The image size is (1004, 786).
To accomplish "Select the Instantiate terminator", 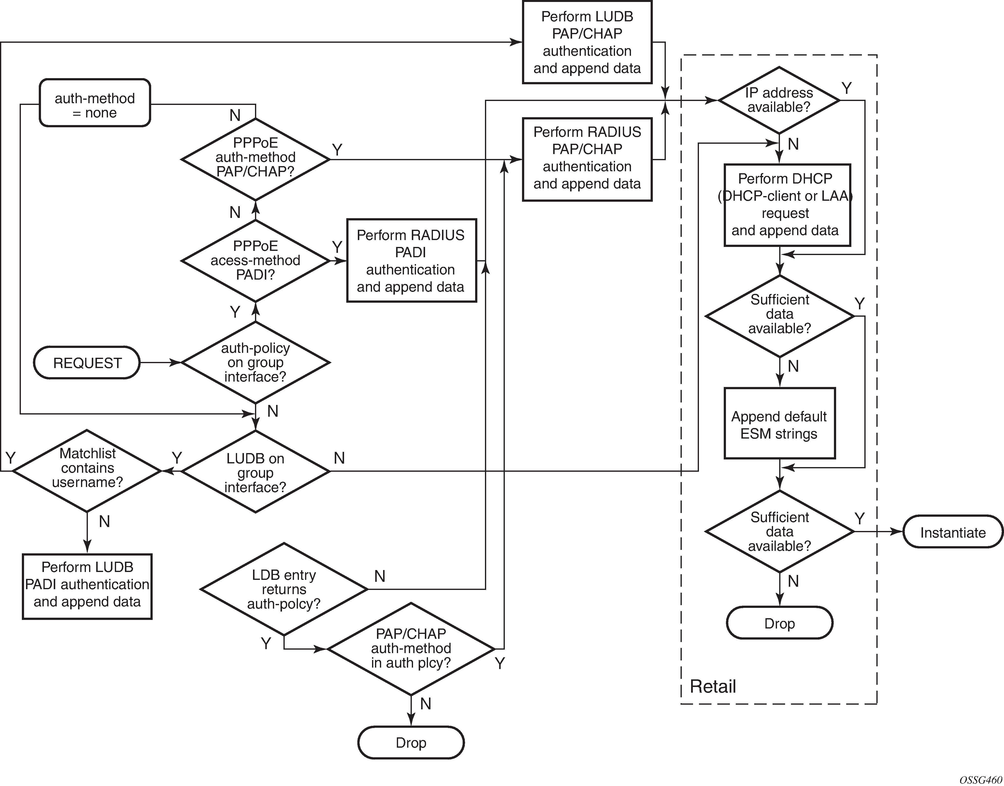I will [952, 532].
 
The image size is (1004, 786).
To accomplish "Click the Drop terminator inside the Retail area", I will [779, 623].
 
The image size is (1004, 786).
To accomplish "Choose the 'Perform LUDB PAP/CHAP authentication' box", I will [587, 42].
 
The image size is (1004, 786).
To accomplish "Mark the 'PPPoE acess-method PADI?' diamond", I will [255, 260].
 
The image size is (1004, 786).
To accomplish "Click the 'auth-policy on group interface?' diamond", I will [255, 363].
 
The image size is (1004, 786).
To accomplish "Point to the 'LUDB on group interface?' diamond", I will [255, 472].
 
